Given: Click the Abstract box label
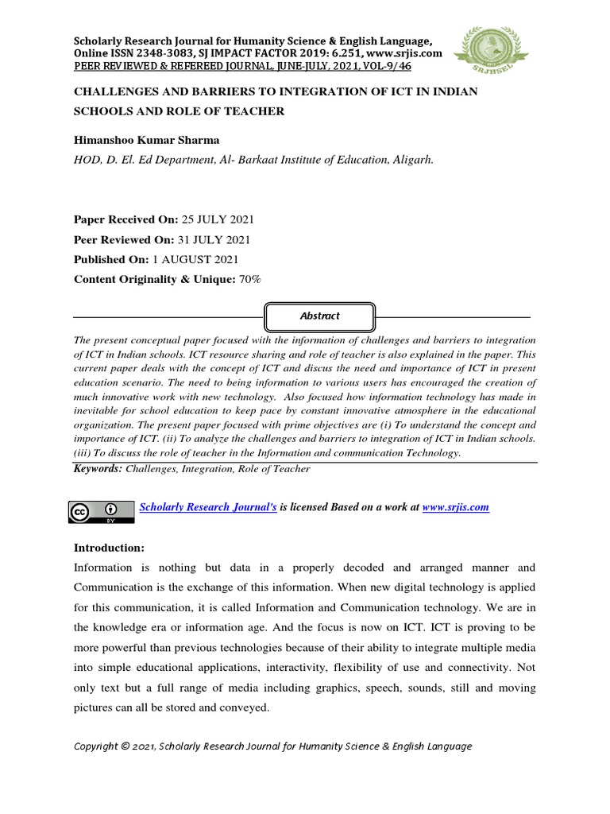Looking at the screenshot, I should [x=319, y=316].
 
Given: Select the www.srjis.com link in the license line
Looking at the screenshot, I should [x=455, y=507].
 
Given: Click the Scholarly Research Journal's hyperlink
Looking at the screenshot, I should [x=208, y=507].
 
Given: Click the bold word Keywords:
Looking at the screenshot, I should [x=98, y=469].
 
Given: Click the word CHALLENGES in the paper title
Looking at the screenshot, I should [x=115, y=92].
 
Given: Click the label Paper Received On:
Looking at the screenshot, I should [x=125, y=219].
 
